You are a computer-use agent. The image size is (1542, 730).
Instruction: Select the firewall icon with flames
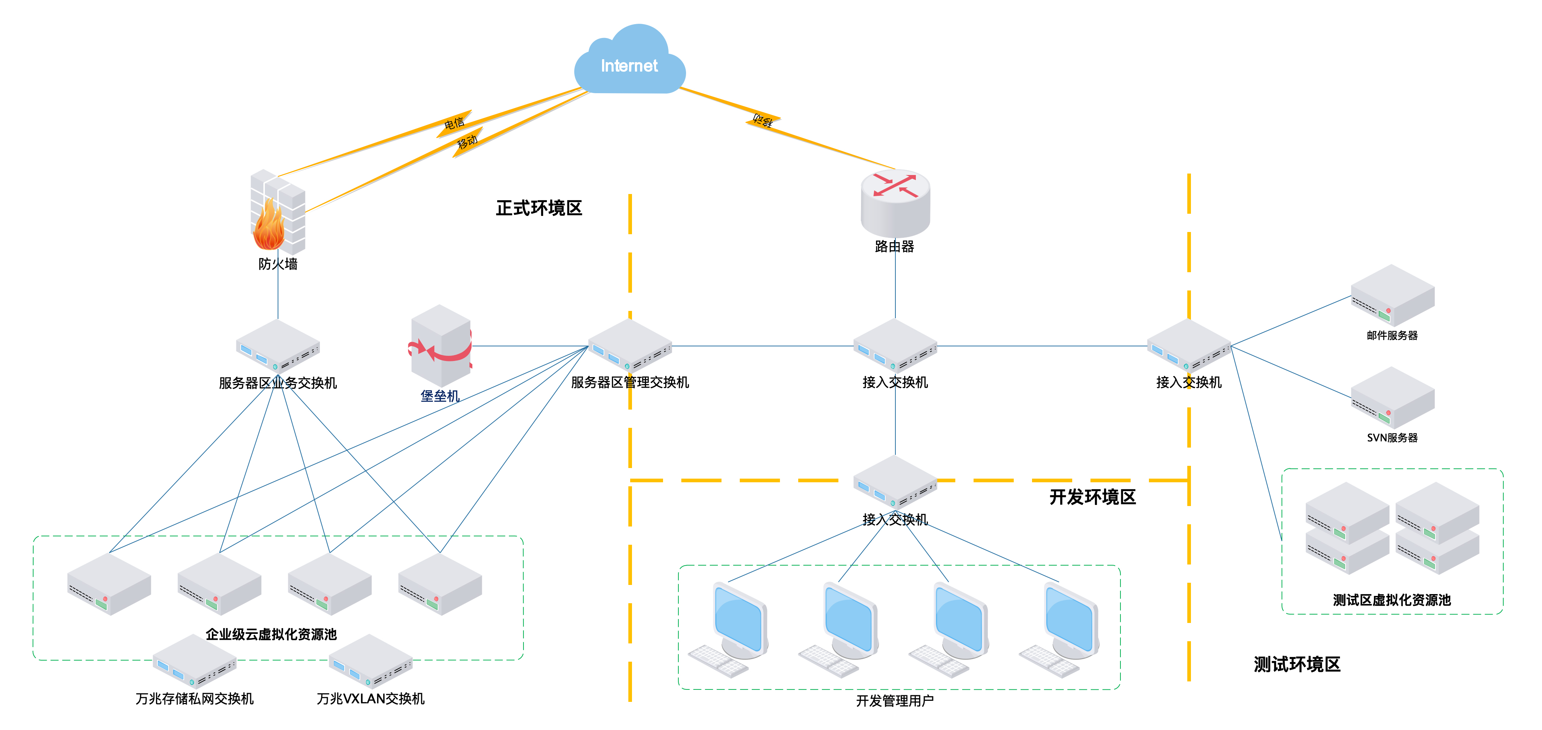pos(277,213)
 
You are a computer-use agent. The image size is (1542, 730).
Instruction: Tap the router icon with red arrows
pos(895,202)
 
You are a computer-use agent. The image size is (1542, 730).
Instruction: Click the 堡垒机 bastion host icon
pos(441,346)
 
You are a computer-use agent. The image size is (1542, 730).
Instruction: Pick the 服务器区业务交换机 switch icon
pos(278,346)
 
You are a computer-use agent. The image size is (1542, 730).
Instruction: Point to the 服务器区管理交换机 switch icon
pos(630,346)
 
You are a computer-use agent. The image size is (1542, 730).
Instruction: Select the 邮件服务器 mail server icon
pos(1392,296)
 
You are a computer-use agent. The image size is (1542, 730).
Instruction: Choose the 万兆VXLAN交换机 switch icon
pos(370,661)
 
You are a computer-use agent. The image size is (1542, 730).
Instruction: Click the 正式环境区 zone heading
pos(539,208)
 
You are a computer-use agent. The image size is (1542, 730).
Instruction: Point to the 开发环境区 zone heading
pos(1092,497)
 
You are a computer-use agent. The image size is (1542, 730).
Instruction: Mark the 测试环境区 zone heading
pos(1297,664)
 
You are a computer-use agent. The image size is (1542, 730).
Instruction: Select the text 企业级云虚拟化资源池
pos(271,634)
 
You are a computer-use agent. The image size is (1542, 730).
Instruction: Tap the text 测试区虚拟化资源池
pos(1392,600)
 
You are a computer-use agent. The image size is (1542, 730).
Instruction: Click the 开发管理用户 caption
pos(894,701)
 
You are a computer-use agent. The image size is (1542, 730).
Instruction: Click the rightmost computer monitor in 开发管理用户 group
pos(1070,620)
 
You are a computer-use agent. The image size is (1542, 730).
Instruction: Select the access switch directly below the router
pos(895,346)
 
